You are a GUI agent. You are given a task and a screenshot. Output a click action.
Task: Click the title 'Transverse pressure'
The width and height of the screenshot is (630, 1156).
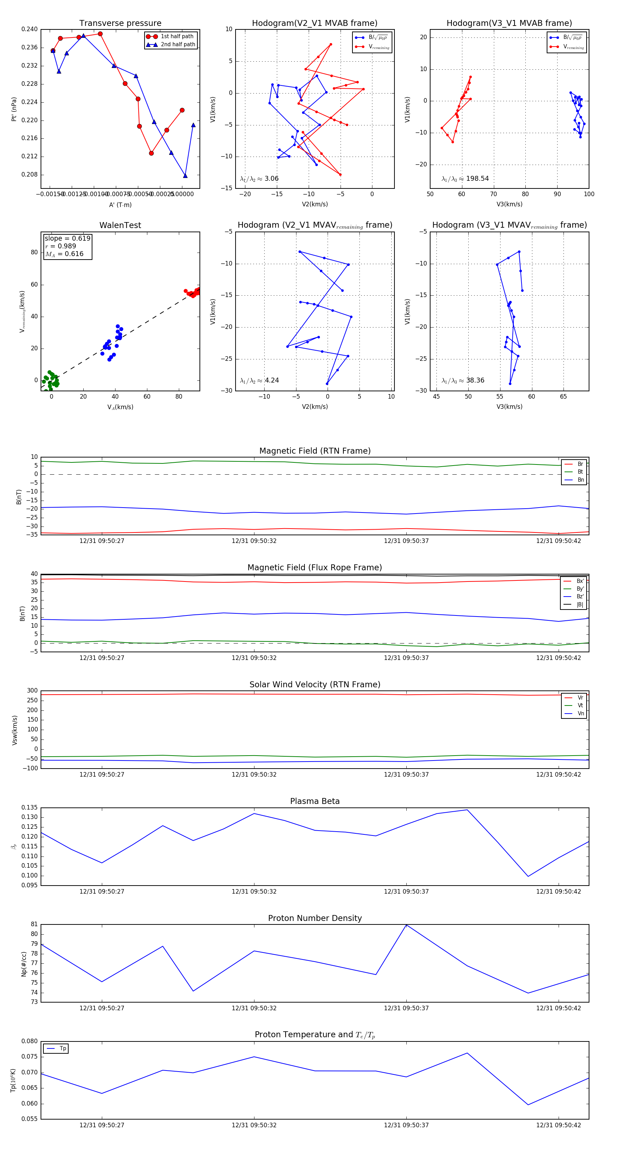[120, 23]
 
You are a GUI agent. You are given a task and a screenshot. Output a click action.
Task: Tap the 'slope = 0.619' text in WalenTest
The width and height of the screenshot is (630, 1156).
[67, 238]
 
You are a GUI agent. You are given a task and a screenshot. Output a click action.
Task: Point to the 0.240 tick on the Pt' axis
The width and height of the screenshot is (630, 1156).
[30, 29]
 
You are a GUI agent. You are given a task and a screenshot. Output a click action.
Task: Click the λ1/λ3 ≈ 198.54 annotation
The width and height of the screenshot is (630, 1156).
[465, 179]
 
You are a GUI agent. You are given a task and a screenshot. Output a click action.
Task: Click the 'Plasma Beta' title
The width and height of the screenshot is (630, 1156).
[315, 801]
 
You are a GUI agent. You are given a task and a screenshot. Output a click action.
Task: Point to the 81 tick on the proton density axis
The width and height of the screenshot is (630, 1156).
[34, 924]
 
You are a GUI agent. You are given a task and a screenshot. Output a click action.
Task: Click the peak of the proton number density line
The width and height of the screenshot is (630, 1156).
[406, 925]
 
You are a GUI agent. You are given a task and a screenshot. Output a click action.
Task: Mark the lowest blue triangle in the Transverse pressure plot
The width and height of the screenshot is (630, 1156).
[185, 176]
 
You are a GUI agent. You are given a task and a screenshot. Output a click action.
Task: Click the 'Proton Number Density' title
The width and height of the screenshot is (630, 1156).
[315, 918]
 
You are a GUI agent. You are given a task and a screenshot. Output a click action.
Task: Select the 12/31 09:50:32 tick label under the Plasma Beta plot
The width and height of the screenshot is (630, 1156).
[254, 891]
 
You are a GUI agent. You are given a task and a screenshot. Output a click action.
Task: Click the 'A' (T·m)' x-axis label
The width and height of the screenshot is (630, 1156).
[120, 205]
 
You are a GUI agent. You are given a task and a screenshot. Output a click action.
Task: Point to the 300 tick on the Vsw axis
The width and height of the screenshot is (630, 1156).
[32, 691]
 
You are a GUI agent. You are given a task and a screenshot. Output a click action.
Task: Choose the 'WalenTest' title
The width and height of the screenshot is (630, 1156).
[120, 225]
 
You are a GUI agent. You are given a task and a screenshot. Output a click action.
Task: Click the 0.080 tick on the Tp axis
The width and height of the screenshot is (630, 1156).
[30, 1041]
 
